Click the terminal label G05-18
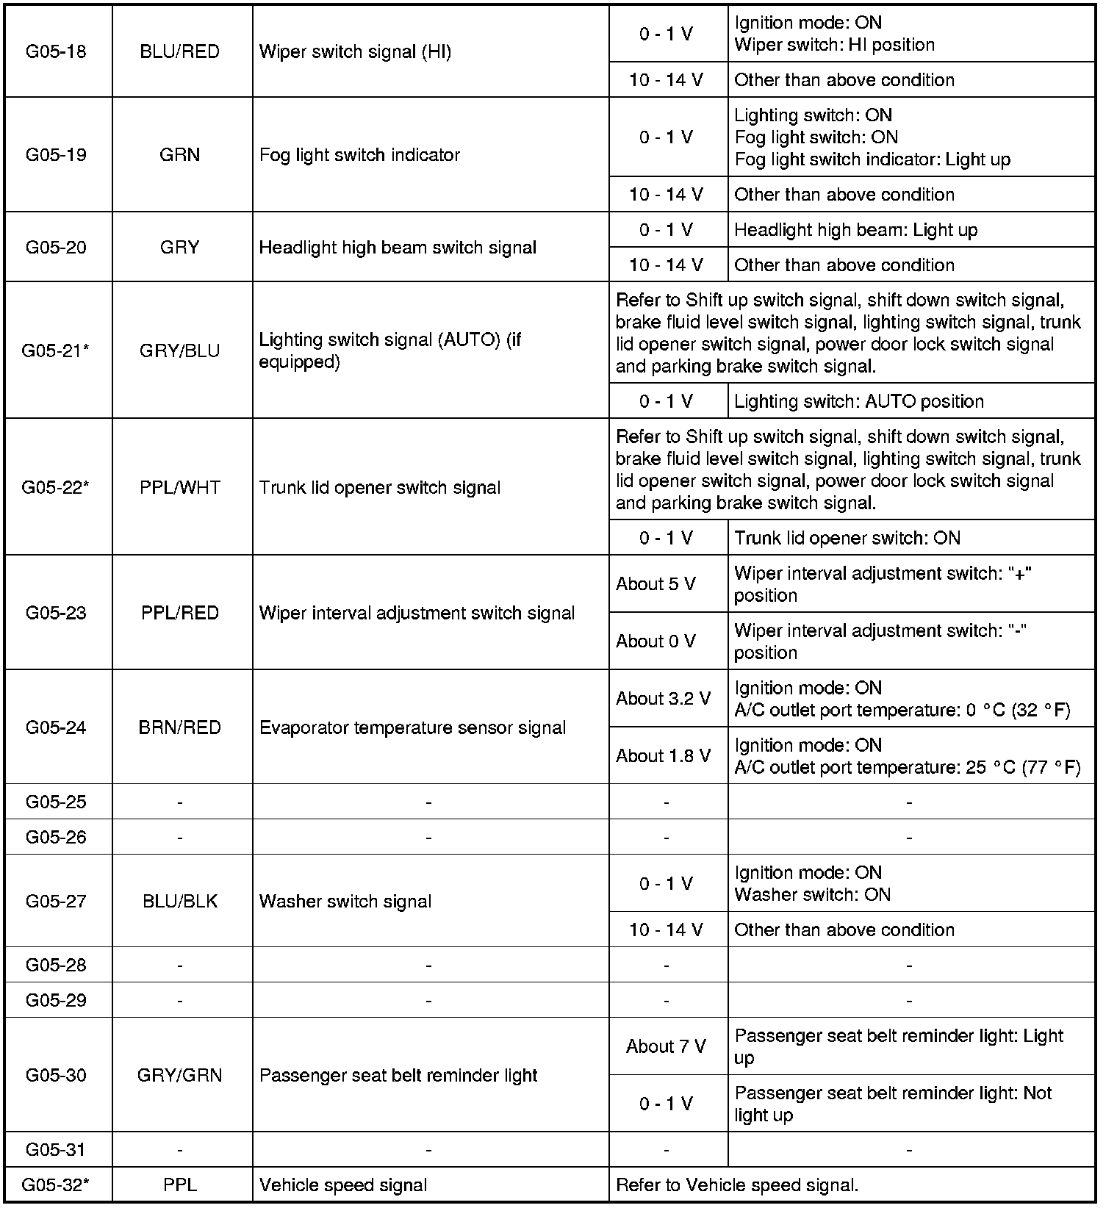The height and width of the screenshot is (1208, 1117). click(56, 51)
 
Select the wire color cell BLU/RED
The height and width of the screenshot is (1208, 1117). click(179, 51)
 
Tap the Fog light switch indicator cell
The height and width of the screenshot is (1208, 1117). click(359, 155)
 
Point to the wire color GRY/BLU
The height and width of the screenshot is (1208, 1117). click(179, 350)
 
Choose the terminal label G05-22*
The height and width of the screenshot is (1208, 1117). click(56, 487)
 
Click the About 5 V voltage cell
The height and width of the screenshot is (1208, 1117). click(656, 584)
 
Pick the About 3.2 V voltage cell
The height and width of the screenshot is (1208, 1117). click(664, 699)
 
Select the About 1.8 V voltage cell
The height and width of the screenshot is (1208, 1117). click(664, 756)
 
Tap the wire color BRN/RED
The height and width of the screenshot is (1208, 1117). click(179, 727)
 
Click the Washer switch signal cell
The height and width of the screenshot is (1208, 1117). click(345, 902)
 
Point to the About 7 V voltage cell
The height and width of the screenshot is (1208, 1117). click(666, 1046)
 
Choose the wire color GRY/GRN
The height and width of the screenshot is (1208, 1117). click(179, 1075)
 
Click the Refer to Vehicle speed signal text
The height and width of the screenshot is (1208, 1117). click(737, 1185)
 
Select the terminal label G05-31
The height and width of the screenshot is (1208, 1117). click(56, 1149)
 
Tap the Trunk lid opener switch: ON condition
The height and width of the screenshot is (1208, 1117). click(847, 538)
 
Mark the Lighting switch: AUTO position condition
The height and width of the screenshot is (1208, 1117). click(859, 401)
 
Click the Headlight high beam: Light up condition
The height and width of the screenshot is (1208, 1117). click(856, 230)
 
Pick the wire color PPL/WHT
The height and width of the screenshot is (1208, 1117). click(179, 487)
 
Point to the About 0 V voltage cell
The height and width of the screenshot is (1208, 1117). click(656, 641)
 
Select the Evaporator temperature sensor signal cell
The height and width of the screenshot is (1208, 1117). click(412, 727)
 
